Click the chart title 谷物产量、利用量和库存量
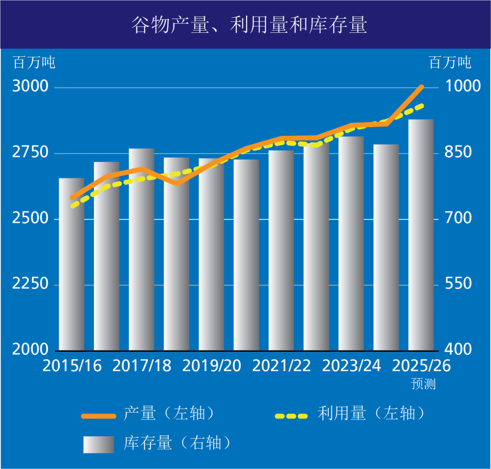coord(249,25)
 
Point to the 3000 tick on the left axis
coord(30,86)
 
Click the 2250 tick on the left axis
coord(30,284)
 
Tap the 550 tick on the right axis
coord(459,284)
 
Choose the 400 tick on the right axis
coord(459,349)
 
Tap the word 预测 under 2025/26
coord(423,384)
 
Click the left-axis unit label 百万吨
coord(34,62)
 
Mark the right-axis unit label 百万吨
coord(450,62)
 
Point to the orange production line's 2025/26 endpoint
coord(422,86)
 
